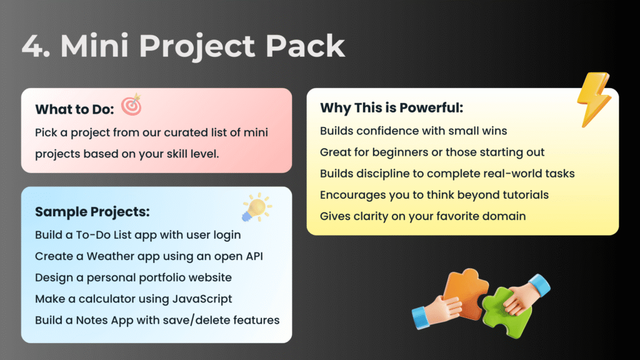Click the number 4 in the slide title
pos(33,45)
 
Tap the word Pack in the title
pos(305,45)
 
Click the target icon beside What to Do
pos(131,104)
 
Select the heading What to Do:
pos(74,109)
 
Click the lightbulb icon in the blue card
pos(256,207)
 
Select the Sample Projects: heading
pos(92,212)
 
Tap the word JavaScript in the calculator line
pos(202,299)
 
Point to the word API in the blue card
pos(254,256)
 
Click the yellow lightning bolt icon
pos(594,99)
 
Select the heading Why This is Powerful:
pos(392,107)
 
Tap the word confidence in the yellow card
pos(386,131)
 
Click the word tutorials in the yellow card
pos(525,195)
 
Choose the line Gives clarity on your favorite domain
pos(423,216)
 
